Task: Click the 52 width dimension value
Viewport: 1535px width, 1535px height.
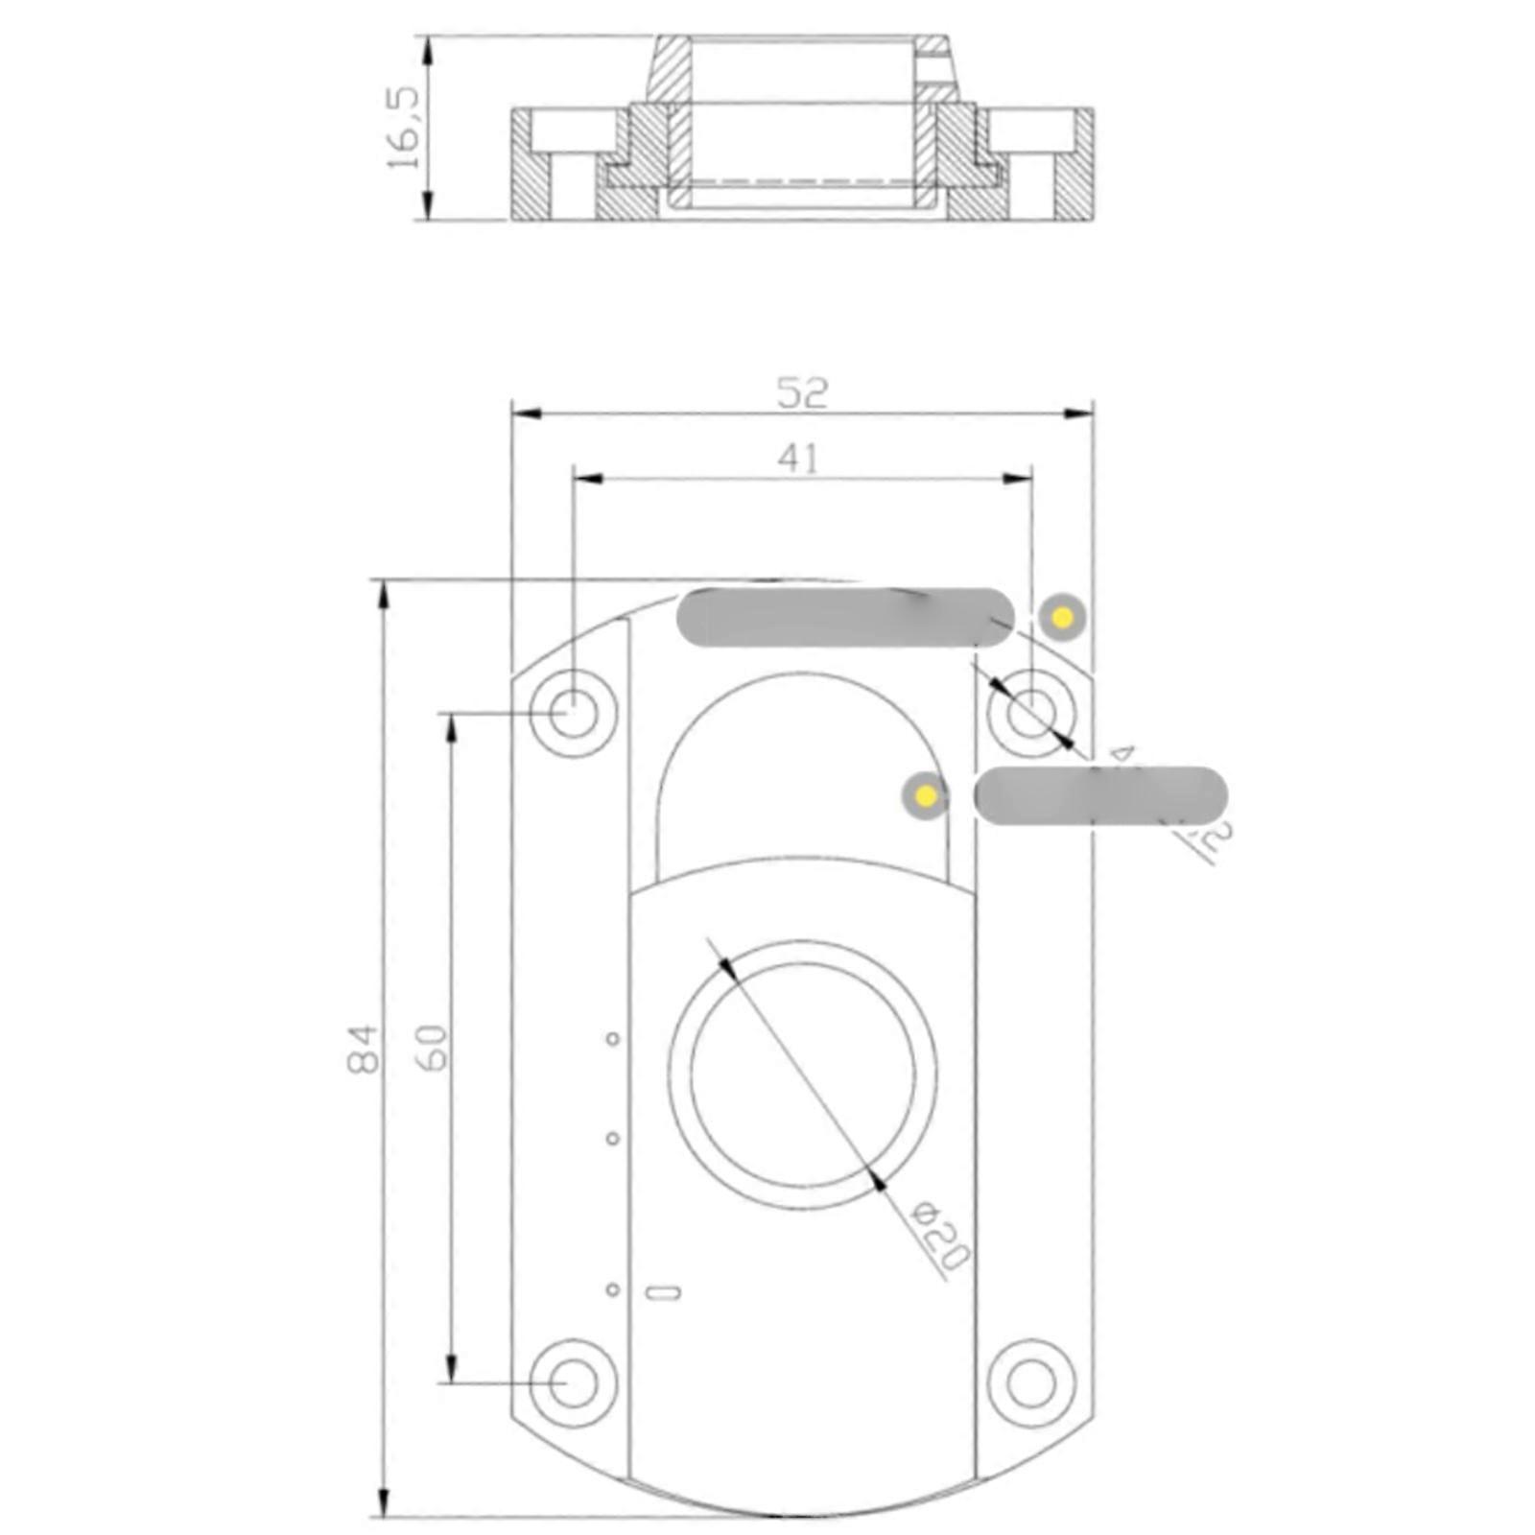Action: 801,392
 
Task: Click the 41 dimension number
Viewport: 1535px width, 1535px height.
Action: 798,459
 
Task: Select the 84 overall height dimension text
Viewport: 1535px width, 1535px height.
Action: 364,1049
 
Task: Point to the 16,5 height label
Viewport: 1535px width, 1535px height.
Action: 404,128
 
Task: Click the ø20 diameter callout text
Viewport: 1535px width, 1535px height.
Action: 940,1235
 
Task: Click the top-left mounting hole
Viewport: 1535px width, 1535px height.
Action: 573,714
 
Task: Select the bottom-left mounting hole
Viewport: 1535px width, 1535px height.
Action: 573,1382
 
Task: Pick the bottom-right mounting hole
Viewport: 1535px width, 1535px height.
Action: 1031,1382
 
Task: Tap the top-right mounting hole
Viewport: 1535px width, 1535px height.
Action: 1031,714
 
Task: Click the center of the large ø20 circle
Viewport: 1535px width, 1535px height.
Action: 802,1074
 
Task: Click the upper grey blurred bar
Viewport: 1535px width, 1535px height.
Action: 844,617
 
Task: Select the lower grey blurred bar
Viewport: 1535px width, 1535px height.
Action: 1100,795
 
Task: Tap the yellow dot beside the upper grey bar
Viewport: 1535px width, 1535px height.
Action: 1062,618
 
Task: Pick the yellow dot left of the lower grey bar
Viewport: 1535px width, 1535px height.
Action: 926,795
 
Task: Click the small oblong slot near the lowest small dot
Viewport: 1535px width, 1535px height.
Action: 664,1292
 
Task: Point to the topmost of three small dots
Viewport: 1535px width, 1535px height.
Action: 613,1038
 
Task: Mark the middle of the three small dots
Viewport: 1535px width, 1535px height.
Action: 613,1139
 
